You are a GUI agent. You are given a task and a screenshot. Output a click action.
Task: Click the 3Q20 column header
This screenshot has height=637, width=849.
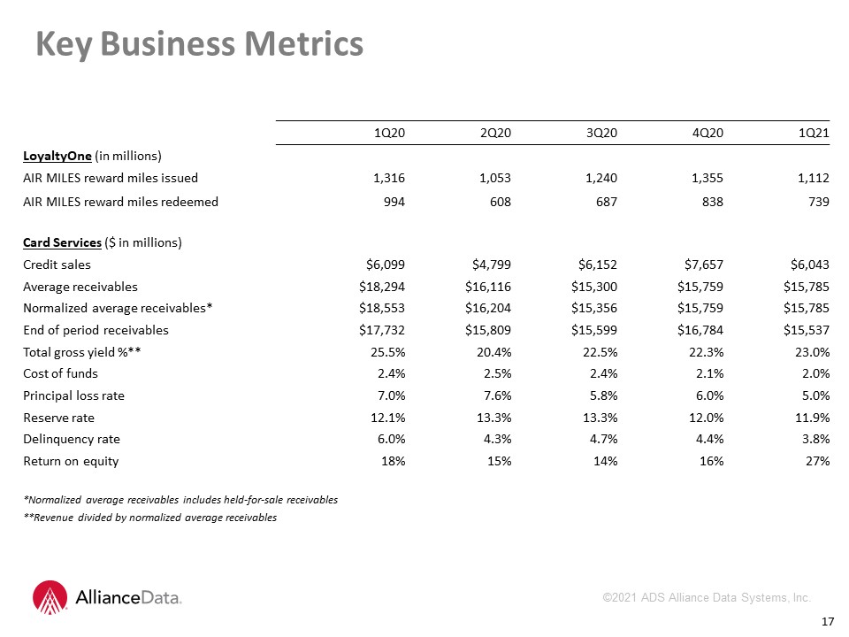tap(601, 133)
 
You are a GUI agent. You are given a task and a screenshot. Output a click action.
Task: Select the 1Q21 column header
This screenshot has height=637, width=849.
tap(814, 133)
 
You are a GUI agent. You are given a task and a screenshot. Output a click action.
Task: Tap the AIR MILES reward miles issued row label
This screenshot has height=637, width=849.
tap(111, 178)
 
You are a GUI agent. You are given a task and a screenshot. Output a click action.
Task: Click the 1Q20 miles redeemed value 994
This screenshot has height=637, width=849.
tap(394, 202)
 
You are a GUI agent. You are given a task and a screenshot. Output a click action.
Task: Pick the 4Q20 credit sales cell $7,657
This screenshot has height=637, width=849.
tap(703, 265)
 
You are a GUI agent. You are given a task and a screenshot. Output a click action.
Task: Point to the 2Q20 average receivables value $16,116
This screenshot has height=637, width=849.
tap(488, 287)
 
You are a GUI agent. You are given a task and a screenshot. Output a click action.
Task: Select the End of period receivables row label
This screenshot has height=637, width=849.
tap(96, 330)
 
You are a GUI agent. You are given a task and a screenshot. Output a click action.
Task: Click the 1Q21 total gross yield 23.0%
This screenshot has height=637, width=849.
tap(812, 353)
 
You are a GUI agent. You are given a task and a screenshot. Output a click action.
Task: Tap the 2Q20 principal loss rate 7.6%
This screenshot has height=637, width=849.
tap(498, 396)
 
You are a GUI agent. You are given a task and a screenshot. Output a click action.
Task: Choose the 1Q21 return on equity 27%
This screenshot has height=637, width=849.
tap(817, 461)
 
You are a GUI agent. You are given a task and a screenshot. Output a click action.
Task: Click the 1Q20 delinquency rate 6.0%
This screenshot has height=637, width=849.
tap(392, 440)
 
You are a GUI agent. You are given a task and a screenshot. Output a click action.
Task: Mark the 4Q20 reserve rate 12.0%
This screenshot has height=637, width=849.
tap(706, 418)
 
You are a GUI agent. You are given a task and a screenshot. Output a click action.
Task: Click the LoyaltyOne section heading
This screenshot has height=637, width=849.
tap(57, 156)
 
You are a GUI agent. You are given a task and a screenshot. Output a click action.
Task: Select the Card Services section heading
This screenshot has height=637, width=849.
tap(62, 242)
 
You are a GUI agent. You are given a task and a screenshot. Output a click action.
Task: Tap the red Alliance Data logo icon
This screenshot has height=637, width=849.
tap(50, 597)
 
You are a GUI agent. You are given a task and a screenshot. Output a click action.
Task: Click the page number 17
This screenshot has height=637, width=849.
tap(828, 622)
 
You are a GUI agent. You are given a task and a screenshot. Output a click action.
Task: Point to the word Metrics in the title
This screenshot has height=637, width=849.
tap(303, 43)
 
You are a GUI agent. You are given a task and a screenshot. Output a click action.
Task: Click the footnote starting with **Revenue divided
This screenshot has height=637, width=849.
tap(150, 518)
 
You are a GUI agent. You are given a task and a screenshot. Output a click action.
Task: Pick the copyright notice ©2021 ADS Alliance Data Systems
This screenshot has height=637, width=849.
tap(707, 597)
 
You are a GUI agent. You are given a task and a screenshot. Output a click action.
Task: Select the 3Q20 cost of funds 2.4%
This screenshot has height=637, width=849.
tap(604, 373)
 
